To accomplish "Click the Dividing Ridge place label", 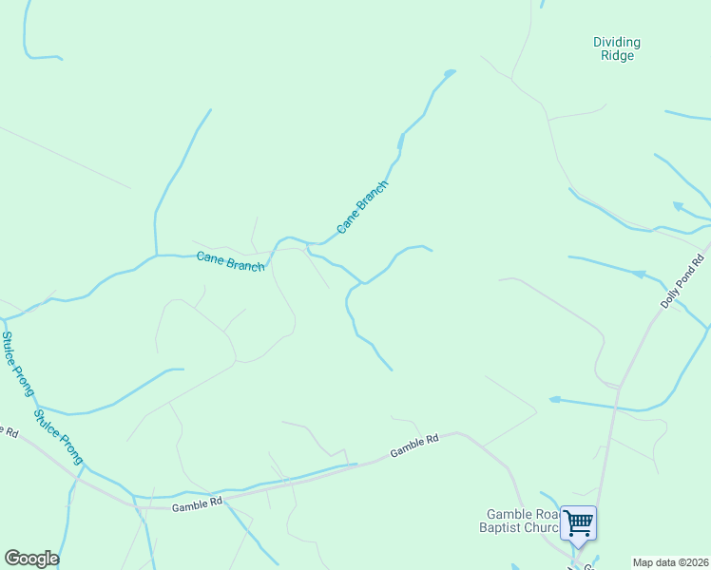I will point(616,48).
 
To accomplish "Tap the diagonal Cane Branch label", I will point(362,207).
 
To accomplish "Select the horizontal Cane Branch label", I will point(230,260).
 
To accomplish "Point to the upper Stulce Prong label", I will point(17,363).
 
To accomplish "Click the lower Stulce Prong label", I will point(58,436).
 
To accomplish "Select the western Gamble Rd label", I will point(197,505).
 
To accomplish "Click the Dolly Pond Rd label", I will point(682,281).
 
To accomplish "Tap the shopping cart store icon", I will point(578,522).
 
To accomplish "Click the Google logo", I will point(31,558).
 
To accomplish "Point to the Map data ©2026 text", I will point(670,562).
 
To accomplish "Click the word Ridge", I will point(617,56).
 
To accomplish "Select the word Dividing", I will point(617,42).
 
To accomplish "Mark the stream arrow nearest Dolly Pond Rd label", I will point(640,274).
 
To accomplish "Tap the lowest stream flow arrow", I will point(555,400).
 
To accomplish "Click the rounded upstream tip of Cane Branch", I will point(450,71).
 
